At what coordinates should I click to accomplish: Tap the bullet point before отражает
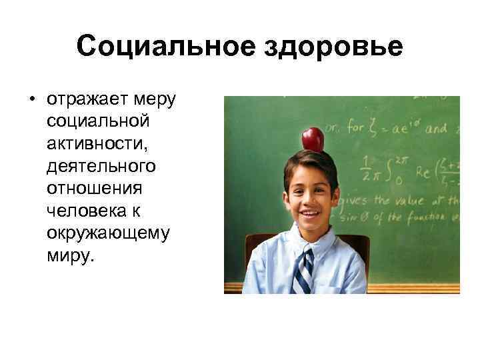tap(31, 101)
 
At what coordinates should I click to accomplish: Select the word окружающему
tap(108, 233)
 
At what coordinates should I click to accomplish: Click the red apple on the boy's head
tap(313, 139)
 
